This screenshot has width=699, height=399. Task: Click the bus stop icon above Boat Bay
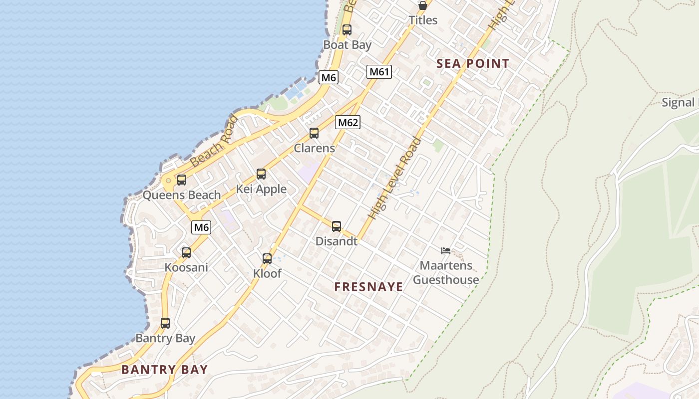(347, 30)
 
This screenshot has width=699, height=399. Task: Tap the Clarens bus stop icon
(314, 133)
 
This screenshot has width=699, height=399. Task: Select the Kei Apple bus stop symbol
(261, 174)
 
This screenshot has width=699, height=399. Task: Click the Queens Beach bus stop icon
(182, 180)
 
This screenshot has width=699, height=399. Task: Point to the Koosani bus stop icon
(186, 253)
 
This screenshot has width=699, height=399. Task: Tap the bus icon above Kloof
(267, 259)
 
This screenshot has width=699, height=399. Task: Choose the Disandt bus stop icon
(337, 226)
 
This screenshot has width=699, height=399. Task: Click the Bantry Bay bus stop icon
(165, 323)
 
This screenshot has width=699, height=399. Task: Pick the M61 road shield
(379, 72)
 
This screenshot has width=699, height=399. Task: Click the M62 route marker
(348, 122)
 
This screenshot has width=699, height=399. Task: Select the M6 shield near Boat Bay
(329, 77)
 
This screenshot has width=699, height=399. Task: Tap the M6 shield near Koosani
(201, 227)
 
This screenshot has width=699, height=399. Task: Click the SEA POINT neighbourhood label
(472, 64)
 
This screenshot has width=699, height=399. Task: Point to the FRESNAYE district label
(368, 287)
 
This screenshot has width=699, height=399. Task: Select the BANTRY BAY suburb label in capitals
(164, 370)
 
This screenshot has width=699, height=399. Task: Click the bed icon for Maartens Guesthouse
(446, 251)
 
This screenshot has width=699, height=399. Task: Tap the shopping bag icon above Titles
(423, 6)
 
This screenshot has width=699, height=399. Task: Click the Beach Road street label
(214, 141)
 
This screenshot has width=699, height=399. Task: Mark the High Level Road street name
(394, 179)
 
